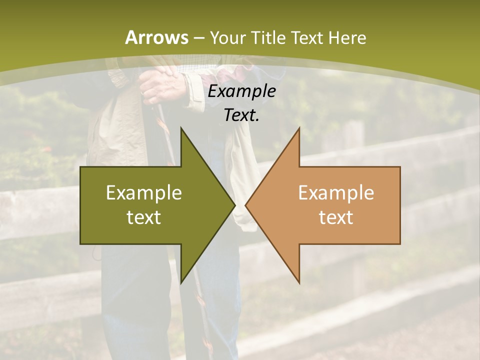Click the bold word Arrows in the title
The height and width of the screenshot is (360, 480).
point(156,37)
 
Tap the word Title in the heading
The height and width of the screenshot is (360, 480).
point(268,37)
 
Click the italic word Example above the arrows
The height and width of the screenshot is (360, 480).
point(241,91)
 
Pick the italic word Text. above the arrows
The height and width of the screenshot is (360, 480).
point(241,115)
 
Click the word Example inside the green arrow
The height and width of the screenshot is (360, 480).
point(144,193)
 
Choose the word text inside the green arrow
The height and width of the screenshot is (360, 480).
point(144,217)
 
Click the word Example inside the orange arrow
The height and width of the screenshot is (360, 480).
point(336,193)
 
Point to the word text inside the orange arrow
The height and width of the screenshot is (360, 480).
point(336,217)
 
